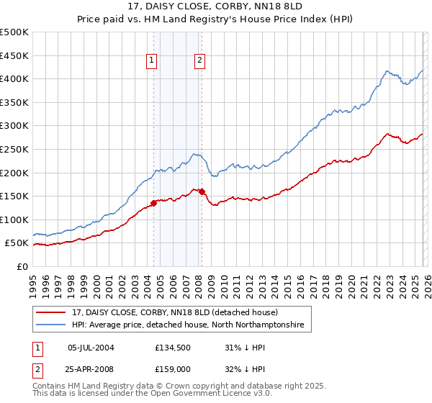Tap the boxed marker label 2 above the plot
click(x=199, y=61)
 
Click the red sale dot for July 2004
click(x=153, y=203)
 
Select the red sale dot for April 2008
click(x=202, y=191)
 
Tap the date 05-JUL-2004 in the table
click(x=91, y=347)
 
